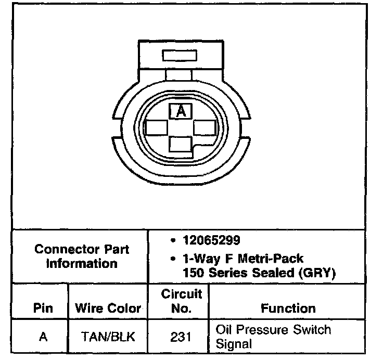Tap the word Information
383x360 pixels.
pos(82,263)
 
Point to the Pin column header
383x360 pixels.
pos(43,308)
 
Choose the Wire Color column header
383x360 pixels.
pos(108,308)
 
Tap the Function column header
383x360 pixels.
pos(288,308)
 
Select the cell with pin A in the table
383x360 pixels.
pos(43,337)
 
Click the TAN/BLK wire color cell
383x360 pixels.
pos(108,337)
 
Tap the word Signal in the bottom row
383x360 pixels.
pos(233,344)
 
